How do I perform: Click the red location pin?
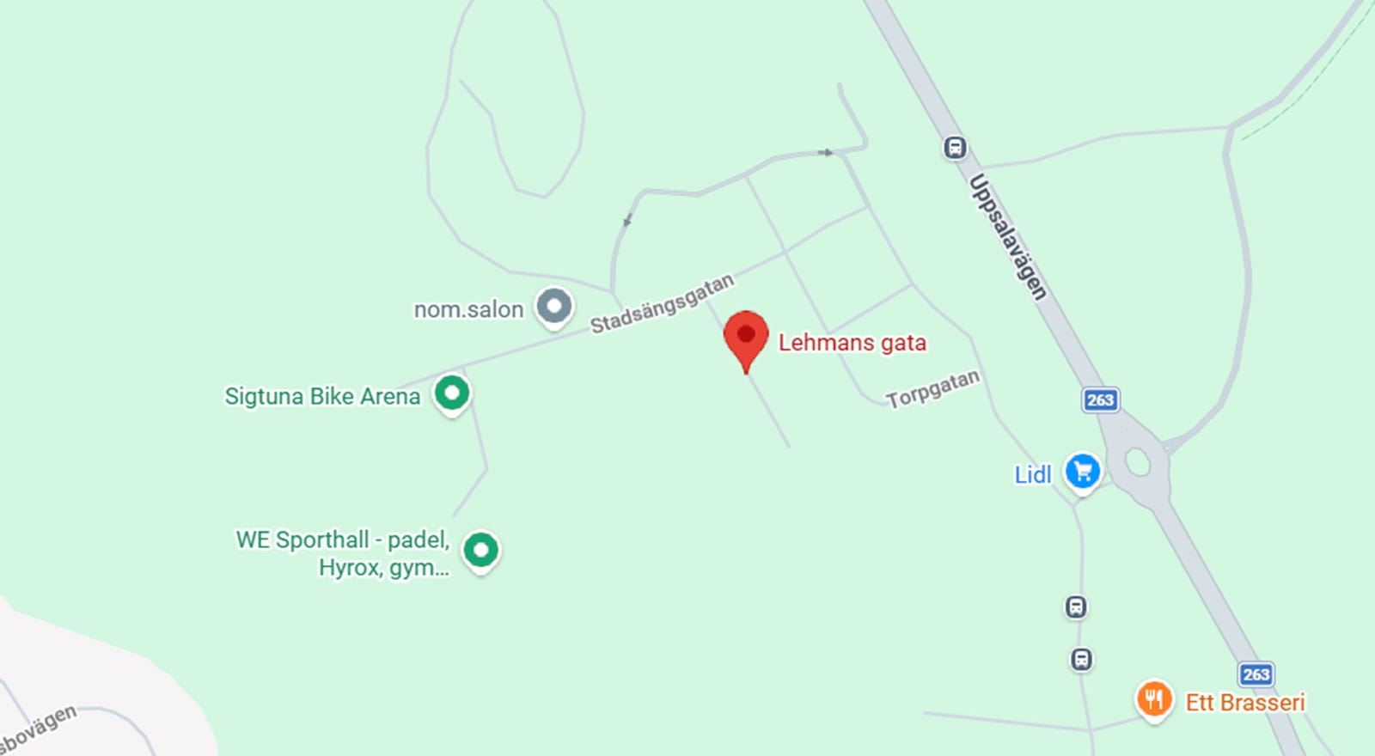coord(746,336)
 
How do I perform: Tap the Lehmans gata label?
coord(852,343)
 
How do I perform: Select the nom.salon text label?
coord(468,309)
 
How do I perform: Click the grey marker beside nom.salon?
coord(554,306)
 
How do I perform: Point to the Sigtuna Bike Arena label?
coord(322,396)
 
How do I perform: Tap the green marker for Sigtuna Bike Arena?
coord(452,393)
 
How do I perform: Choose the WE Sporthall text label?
coord(343,553)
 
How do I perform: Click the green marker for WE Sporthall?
coord(481,549)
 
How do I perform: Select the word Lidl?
coord(1032,475)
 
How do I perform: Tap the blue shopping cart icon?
coord(1083,471)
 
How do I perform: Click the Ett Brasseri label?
coord(1244,703)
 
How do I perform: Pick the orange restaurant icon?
coord(1154,699)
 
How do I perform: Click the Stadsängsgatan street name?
coord(662,303)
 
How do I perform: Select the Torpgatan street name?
coord(932,389)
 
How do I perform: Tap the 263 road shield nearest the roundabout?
coord(1100,399)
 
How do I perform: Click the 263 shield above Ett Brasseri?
coord(1256,674)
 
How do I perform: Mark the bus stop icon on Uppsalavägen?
coord(955,148)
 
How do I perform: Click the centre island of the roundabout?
coord(1138,462)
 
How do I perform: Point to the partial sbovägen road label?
coord(39,729)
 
